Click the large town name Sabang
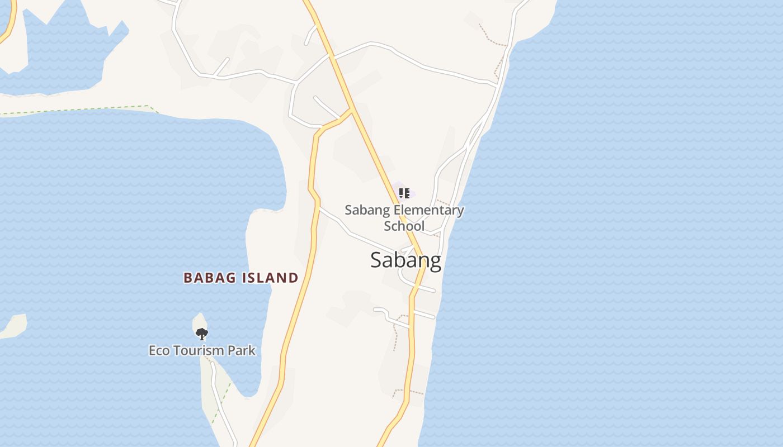pos(405,260)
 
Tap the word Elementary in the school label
pos(429,211)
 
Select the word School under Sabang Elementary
pos(404,226)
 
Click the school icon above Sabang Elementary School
pos(404,193)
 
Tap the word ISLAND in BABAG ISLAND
pos(270,278)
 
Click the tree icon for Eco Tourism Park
pos(201,334)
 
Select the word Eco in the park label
pos(159,351)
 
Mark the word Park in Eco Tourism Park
pos(242,351)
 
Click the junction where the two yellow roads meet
pos(351,110)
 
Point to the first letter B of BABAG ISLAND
pos(188,278)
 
